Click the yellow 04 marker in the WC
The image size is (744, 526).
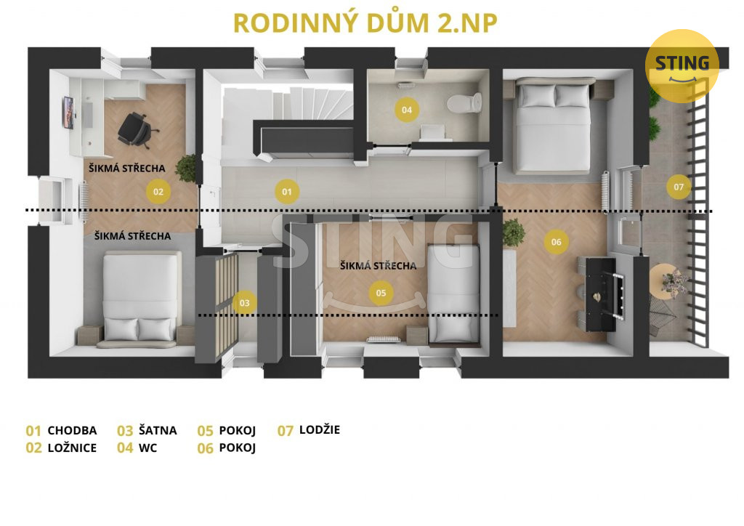pyautogui.click(x=407, y=110)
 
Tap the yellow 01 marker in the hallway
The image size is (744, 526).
pyautogui.click(x=286, y=192)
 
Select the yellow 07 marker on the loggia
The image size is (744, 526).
pyautogui.click(x=679, y=187)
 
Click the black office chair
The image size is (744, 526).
pyautogui.click(x=136, y=129)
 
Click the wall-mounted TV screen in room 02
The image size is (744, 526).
pyautogui.click(x=68, y=113)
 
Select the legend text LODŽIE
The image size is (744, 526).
pyautogui.click(x=320, y=429)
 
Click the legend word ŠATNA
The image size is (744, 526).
pyautogui.click(x=158, y=430)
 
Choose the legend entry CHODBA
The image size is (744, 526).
pyautogui.click(x=72, y=430)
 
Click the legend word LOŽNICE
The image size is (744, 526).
pyautogui.click(x=72, y=448)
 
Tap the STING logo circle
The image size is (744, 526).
pyautogui.click(x=682, y=66)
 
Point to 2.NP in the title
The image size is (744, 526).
pyautogui.click(x=467, y=23)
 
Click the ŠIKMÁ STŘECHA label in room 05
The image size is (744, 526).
pyautogui.click(x=378, y=266)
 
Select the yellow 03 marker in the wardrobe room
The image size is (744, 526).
pyautogui.click(x=244, y=303)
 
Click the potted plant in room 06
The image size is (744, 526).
pyautogui.click(x=513, y=232)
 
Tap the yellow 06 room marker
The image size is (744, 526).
pyautogui.click(x=556, y=242)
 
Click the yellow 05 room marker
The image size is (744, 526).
pyautogui.click(x=381, y=293)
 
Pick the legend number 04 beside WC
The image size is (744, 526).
pyautogui.click(x=125, y=448)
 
